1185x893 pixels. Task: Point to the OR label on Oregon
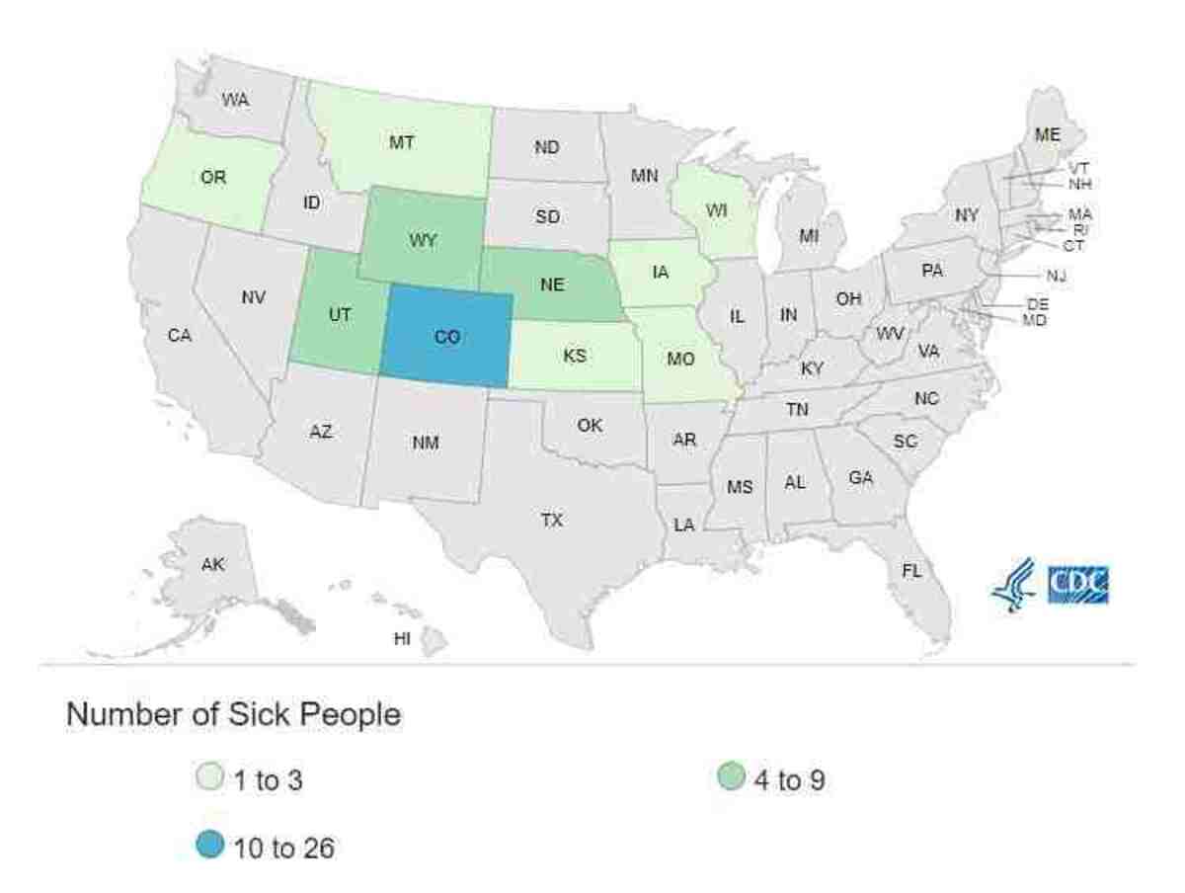point(213,178)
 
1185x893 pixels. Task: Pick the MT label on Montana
point(401,142)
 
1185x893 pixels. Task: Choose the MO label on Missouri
point(680,358)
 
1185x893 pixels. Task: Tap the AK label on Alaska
point(212,565)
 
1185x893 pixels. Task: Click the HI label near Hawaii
point(402,638)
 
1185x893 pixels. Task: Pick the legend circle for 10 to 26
point(209,847)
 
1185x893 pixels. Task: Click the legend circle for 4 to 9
point(729,780)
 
